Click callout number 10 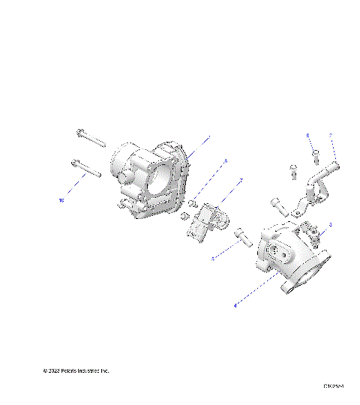61,201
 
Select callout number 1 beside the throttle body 208,138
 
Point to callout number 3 331,224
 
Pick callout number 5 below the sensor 212,259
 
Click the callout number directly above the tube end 330,136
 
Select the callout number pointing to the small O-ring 226,160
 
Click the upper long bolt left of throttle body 90,138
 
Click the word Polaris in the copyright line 72,371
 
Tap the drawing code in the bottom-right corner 333,387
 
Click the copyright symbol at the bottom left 45,371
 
